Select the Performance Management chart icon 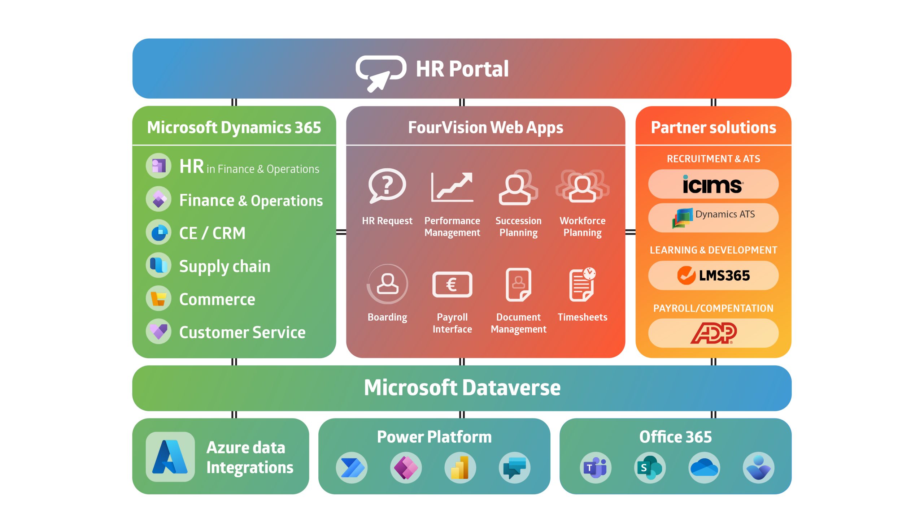[452, 187]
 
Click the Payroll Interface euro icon [452, 285]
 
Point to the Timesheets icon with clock [582, 285]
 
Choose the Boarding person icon [387, 284]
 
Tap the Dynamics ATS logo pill [713, 218]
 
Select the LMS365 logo [713, 276]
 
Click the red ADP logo [713, 333]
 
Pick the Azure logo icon [170, 457]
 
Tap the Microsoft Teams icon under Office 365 [596, 468]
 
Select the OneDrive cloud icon [704, 468]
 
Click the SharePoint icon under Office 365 [650, 468]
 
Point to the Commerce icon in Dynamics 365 [158, 299]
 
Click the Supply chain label [225, 266]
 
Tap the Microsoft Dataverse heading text [462, 388]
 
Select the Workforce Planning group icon [582, 186]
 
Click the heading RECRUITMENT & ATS [713, 159]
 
